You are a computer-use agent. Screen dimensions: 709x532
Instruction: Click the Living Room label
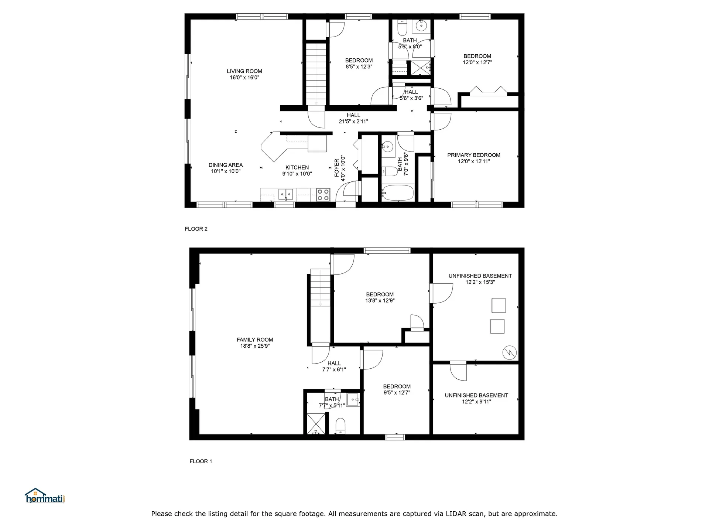click(244, 71)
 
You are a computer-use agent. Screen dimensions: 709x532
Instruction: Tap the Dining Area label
click(226, 165)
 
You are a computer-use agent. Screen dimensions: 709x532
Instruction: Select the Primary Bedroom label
click(474, 155)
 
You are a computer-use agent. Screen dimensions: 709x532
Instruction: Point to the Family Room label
click(255, 340)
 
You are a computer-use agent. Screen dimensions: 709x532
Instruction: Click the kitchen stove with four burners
click(323, 195)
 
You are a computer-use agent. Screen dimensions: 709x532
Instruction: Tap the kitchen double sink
click(285, 194)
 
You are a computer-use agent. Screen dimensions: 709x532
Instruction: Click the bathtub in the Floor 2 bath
click(398, 193)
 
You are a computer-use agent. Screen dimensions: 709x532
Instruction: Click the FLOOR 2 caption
click(196, 229)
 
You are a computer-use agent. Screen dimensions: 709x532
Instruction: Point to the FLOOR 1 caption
click(201, 461)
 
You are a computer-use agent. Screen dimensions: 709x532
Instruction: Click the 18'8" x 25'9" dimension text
click(255, 346)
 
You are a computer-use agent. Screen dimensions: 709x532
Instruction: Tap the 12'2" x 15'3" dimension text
click(480, 282)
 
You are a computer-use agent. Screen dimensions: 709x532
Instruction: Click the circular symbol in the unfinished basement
click(510, 352)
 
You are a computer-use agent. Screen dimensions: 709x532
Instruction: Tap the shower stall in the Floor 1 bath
click(316, 424)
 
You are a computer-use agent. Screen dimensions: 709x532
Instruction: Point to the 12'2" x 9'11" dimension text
click(476, 402)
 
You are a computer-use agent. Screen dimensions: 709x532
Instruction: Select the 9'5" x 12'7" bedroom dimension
click(397, 393)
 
